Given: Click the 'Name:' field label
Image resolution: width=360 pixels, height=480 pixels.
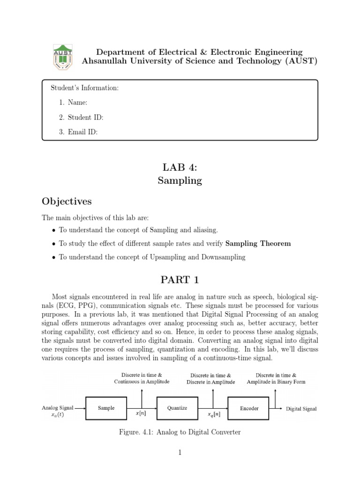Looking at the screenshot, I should point(78,103).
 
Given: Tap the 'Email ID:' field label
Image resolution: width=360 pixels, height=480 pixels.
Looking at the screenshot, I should point(83,132).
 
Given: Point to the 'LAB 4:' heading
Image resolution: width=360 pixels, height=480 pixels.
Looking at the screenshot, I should point(180,166).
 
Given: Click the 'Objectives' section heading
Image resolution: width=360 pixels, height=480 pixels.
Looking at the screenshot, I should point(67,202).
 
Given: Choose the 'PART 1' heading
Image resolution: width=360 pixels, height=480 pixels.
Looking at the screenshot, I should point(180,280).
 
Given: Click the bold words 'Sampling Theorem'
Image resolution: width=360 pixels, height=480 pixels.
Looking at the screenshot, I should point(258,244).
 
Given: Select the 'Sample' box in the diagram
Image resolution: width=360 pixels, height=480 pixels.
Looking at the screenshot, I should point(106,408).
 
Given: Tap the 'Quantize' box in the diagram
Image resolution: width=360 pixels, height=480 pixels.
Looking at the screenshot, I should point(177,408).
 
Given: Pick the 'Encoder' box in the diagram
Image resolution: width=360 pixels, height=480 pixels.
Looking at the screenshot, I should point(249,408).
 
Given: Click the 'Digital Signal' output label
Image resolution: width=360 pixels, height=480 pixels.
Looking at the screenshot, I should point(301,409).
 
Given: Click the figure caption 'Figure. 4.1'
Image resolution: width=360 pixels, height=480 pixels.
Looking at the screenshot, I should point(180,432).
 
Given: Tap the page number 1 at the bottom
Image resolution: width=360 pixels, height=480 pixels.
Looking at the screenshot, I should point(180,452).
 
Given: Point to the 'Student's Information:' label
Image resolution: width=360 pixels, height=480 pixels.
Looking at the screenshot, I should point(84,88).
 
